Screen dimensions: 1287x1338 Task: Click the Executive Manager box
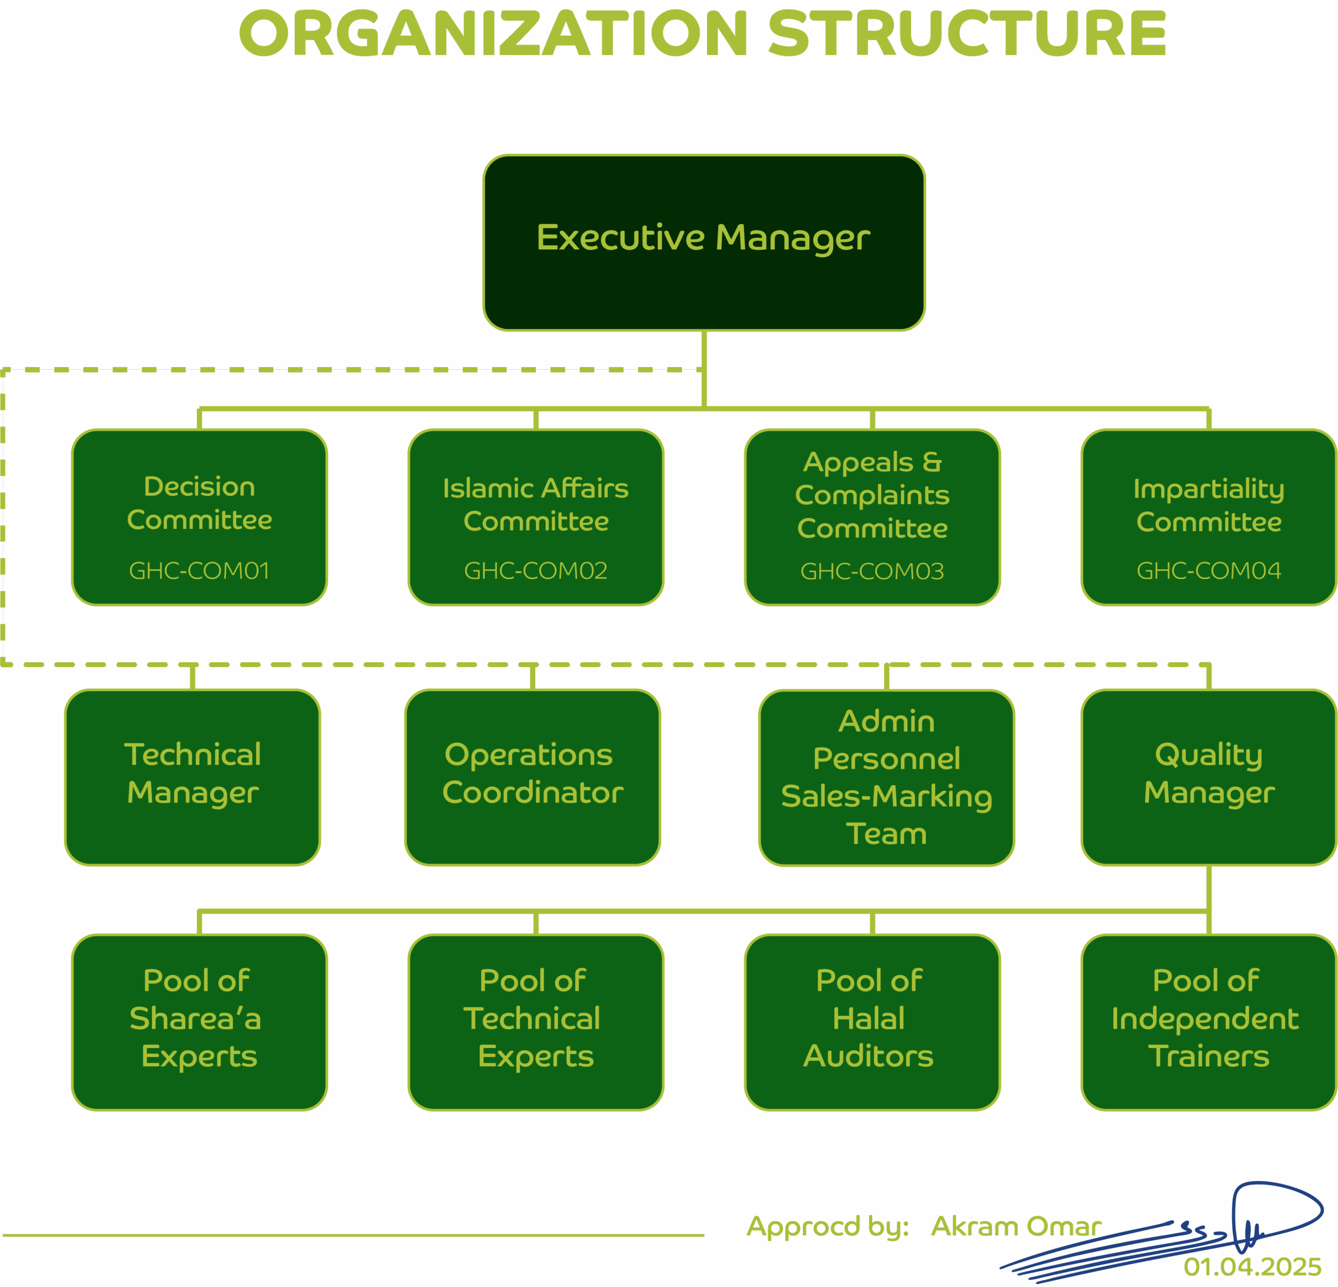tap(704, 243)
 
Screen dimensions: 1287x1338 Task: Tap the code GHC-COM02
tap(536, 570)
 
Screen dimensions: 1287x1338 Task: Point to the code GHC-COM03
tap(872, 571)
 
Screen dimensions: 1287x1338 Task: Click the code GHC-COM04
tap(1208, 570)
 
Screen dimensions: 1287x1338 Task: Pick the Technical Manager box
tap(192, 777)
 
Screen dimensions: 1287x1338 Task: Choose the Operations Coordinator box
tap(533, 777)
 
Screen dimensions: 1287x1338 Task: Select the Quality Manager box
tap(1208, 777)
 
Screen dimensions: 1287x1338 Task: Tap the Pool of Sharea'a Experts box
tap(199, 1021)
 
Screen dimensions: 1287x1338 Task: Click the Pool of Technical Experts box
tap(536, 1021)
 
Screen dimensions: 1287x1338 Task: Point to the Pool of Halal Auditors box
tap(872, 1021)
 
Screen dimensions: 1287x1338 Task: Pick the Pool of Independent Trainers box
tap(1208, 1021)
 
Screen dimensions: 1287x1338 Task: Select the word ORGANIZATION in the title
tap(493, 34)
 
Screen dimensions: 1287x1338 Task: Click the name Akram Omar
tap(1016, 1226)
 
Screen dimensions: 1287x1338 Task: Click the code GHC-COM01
tap(199, 570)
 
